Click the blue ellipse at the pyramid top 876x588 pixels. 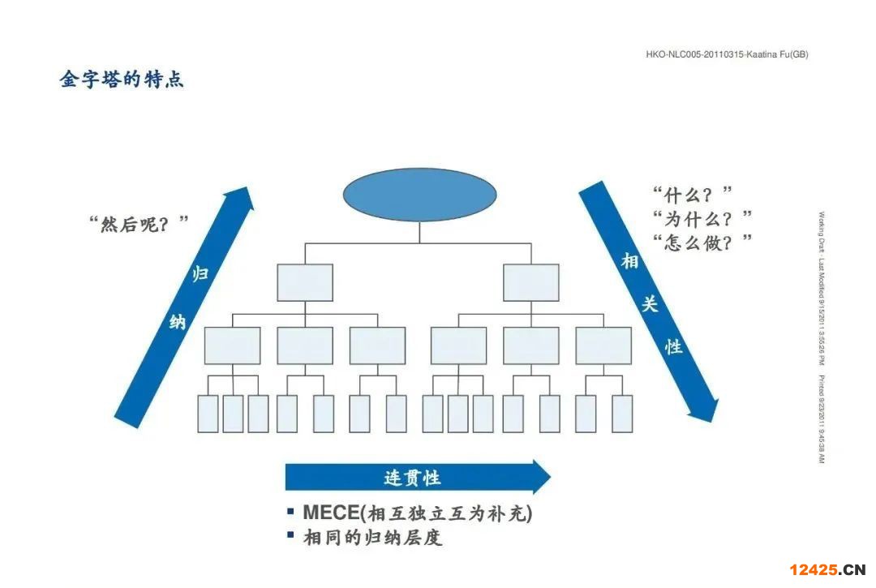(419, 195)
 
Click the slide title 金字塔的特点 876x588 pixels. (122, 79)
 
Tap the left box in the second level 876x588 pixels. (305, 282)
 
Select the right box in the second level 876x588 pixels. (531, 282)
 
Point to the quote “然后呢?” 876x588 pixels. (139, 223)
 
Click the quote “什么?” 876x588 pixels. (693, 195)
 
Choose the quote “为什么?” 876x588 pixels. (702, 218)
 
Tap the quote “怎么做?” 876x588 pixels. (702, 242)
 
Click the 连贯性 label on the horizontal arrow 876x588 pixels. (412, 477)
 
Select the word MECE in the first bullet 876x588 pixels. (330, 513)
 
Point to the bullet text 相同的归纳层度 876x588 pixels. (372, 537)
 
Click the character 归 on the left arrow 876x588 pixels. (200, 274)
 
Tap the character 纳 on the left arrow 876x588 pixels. (177, 322)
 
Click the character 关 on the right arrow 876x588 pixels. (651, 303)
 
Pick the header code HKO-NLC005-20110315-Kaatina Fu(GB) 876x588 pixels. (727, 54)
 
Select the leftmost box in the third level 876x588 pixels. (233, 346)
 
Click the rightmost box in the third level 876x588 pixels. (603, 346)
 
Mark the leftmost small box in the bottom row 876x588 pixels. (208, 414)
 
